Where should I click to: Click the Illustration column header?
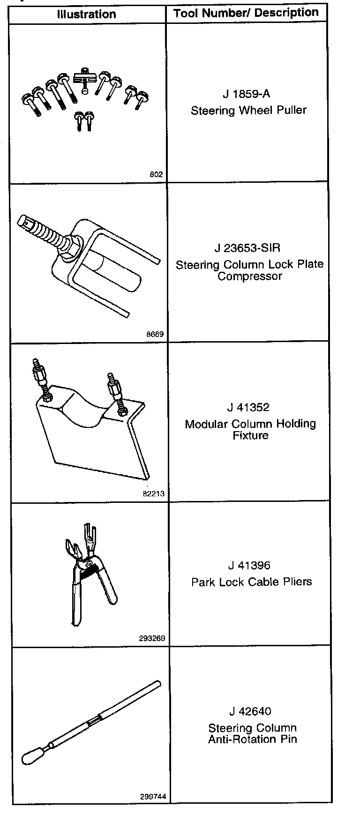(86, 14)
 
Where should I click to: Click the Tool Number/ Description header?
(246, 13)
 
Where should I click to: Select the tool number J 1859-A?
(246, 94)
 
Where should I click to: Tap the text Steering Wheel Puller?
(248, 111)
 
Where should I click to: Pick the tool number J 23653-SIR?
(247, 247)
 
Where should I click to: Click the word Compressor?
(250, 276)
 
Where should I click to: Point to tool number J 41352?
(249, 407)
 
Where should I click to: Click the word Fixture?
(250, 435)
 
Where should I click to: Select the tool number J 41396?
(249, 565)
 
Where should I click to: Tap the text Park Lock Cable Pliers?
(251, 582)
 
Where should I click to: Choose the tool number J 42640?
(250, 711)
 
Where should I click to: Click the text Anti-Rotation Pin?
(253, 740)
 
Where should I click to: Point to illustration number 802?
(156, 174)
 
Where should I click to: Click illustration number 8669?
(155, 335)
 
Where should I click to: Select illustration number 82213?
(153, 494)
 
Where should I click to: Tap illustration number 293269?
(152, 638)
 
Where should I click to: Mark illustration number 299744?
(152, 796)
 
